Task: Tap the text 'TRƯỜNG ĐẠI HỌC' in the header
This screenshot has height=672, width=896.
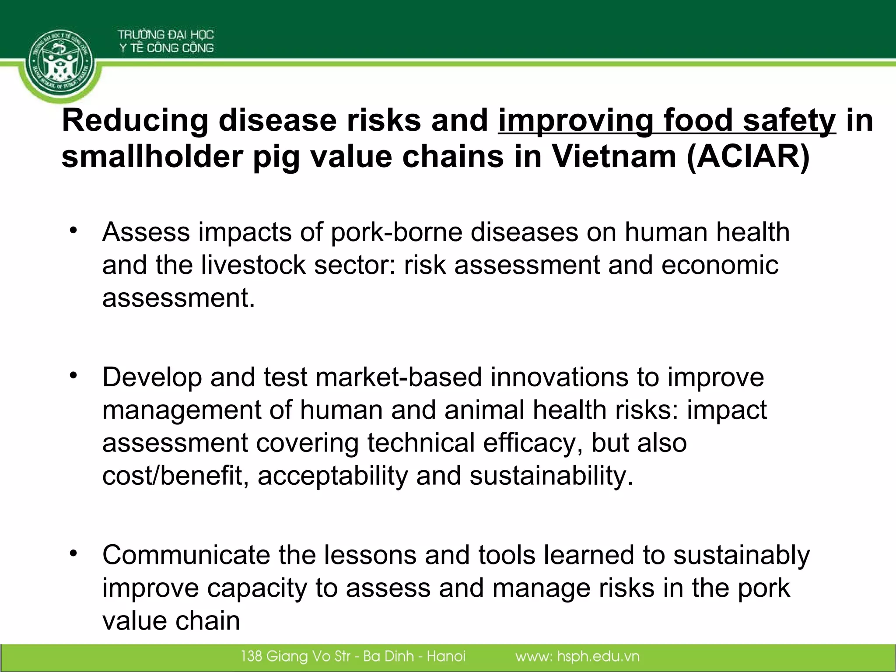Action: [x=165, y=35]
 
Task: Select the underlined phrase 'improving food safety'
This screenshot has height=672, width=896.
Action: [x=667, y=121]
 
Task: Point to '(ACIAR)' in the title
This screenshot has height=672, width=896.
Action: [x=748, y=157]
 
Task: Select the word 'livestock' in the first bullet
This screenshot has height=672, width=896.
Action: [x=253, y=265]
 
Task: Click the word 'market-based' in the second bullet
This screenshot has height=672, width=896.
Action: [x=399, y=377]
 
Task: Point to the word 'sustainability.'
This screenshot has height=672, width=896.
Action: [x=551, y=476]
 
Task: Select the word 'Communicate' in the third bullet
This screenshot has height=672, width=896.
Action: [x=186, y=555]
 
